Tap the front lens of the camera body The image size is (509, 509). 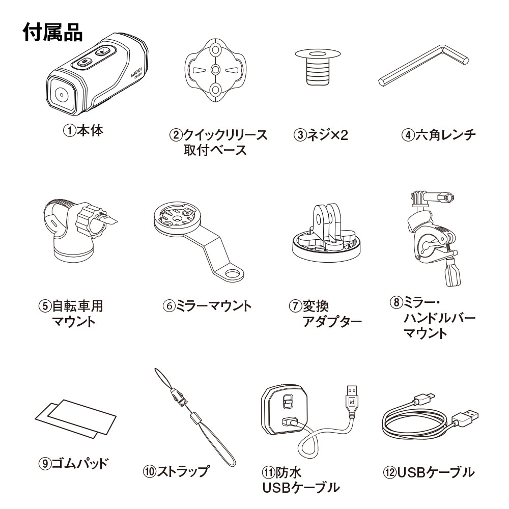[x=62, y=95]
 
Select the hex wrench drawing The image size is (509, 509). [x=424, y=66]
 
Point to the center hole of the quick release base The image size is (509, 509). [x=216, y=69]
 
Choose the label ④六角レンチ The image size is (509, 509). [x=439, y=134]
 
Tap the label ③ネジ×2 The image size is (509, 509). [x=321, y=134]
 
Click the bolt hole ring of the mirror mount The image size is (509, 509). [x=233, y=273]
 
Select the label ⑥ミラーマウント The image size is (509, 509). [x=207, y=306]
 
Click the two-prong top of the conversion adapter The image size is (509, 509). [x=326, y=221]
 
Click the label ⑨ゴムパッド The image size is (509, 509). [x=73, y=463]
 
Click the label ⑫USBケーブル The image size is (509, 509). [x=429, y=472]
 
